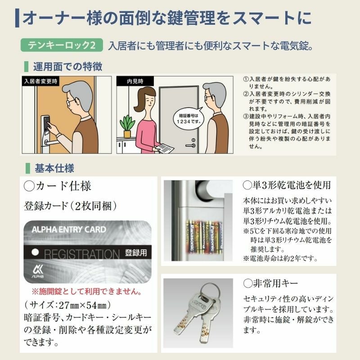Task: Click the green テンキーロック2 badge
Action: click(x=62, y=45)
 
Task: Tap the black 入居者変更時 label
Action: click(x=40, y=81)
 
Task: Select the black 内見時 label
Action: click(x=135, y=81)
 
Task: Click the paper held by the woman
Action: click(x=164, y=148)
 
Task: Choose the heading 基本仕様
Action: click(x=54, y=168)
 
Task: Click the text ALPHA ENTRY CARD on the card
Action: click(x=69, y=229)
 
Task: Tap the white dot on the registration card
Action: click(x=35, y=252)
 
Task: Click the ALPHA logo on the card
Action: click(x=38, y=271)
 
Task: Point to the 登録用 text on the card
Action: click(x=136, y=253)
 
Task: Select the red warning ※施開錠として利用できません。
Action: click(x=86, y=291)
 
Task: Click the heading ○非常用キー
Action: click(x=270, y=283)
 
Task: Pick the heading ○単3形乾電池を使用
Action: click(x=287, y=185)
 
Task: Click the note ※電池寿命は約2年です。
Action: click(x=280, y=258)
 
